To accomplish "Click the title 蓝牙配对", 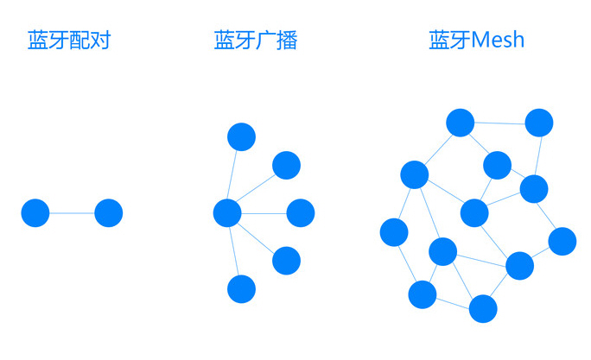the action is point(69,40).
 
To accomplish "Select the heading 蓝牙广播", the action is point(256,40).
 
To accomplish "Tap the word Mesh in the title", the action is point(498,40).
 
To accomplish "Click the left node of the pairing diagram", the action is point(35,213).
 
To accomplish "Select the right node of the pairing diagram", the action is point(109,213).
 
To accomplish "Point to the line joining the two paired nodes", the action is point(72,213).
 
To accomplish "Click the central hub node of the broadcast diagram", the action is point(227,213).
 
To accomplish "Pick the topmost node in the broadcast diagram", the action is point(242,137).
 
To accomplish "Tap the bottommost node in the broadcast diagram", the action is point(242,289).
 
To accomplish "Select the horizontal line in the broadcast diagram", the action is point(264,213).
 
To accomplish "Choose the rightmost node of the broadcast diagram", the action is point(301,213).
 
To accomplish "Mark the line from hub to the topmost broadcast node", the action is point(232,174).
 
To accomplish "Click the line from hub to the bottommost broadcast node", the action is point(234,251).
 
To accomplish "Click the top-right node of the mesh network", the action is point(539,123).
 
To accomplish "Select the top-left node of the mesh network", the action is point(461,123).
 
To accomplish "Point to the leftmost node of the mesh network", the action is point(394,232).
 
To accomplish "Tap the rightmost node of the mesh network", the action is point(562,242).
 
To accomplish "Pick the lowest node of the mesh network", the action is point(483,309).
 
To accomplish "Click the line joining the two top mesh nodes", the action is point(499,123).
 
